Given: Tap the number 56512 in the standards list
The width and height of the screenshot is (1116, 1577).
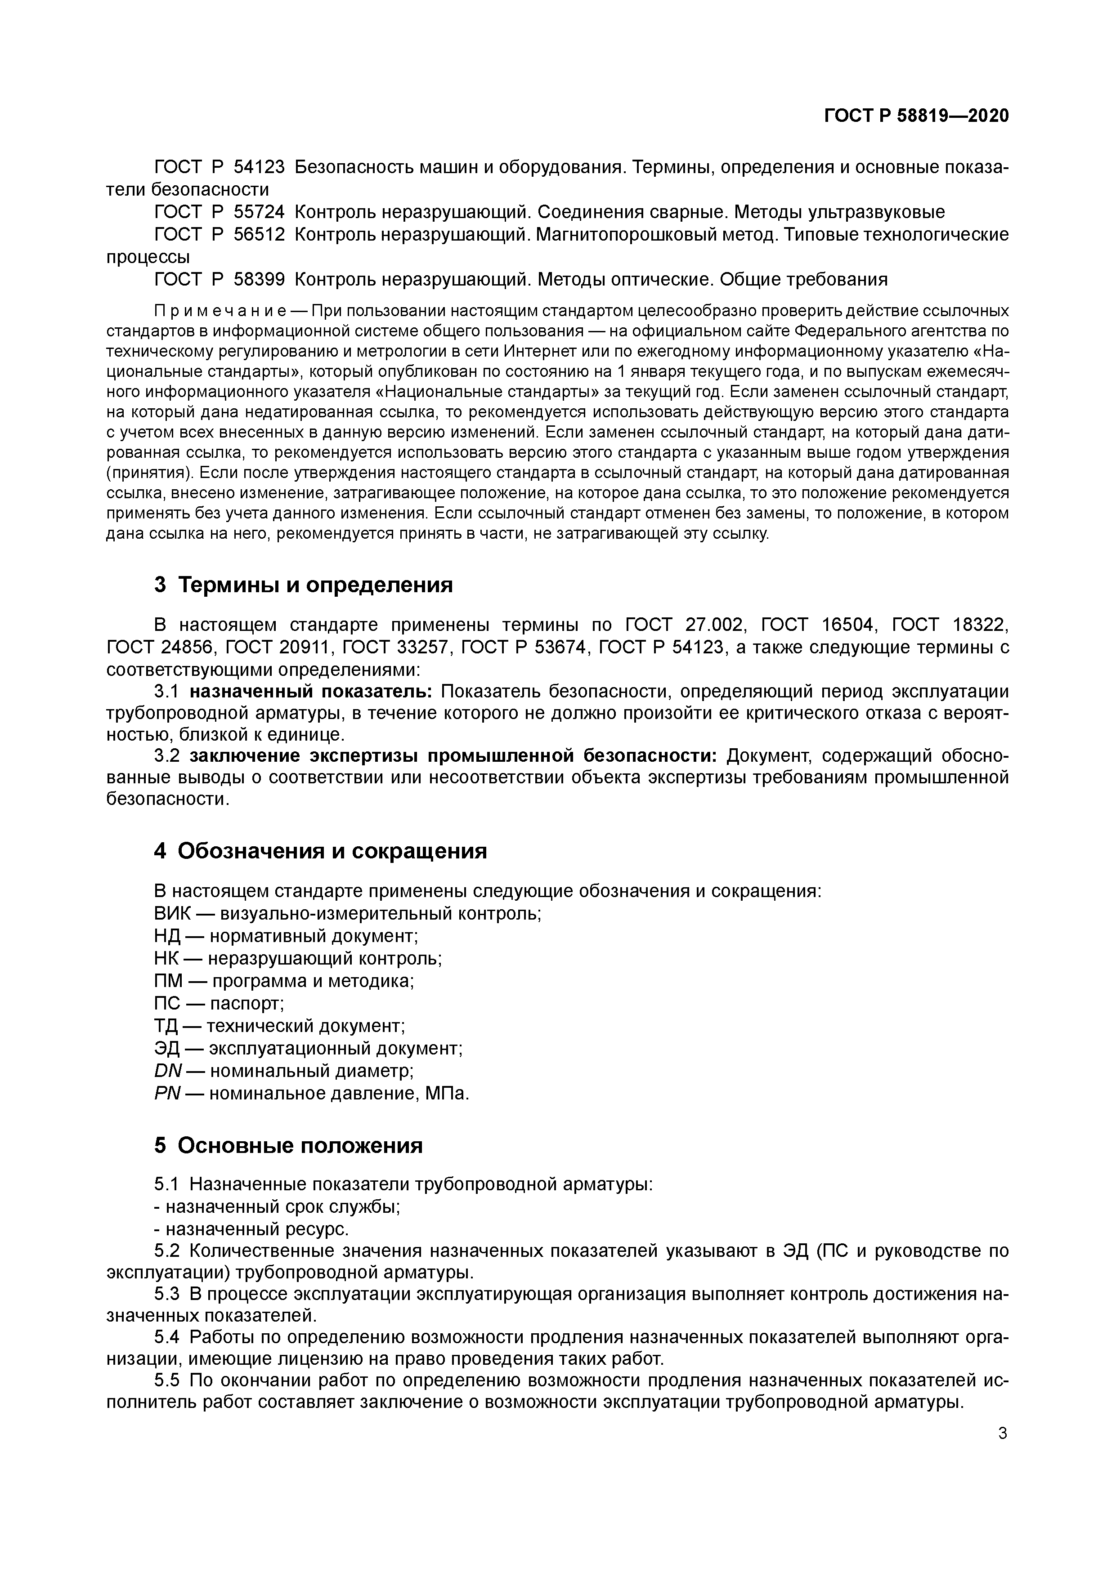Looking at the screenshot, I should pos(259,235).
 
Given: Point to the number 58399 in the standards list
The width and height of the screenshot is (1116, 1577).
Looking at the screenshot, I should pos(259,280).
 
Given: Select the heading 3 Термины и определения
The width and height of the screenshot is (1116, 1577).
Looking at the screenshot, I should pos(303,585).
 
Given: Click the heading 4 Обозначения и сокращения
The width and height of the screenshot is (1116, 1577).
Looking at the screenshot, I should pos(320,851).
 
